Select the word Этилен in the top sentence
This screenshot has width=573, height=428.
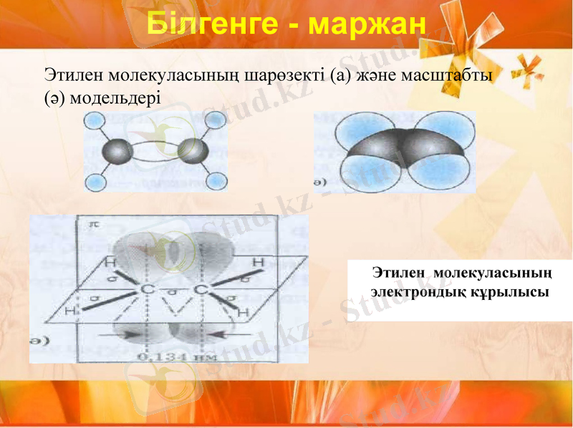coord(71,74)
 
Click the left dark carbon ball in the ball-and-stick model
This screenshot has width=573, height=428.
coord(117,151)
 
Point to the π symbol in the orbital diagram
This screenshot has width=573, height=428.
coord(92,224)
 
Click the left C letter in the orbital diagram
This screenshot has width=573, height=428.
coord(147,288)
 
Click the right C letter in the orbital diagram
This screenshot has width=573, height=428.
coord(201,288)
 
